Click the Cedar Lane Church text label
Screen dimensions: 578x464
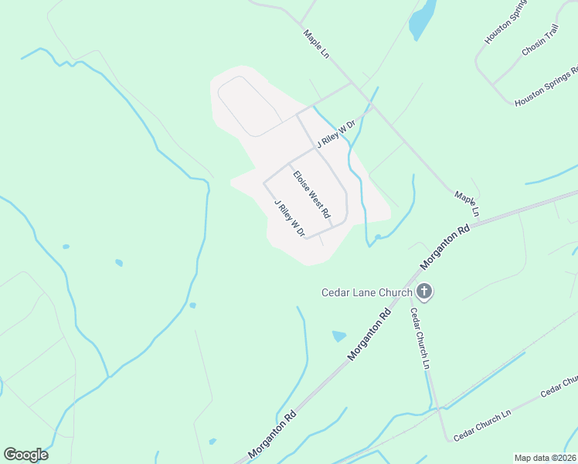pos(367,292)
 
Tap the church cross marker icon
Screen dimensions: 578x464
pos(424,292)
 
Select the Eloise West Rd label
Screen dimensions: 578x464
pos(311,194)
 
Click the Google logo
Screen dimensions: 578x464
pos(25,455)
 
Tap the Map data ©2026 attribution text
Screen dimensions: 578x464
pos(545,458)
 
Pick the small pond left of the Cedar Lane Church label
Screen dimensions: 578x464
pos(338,336)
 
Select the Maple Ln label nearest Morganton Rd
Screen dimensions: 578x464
pos(467,203)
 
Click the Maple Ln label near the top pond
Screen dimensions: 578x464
pos(317,45)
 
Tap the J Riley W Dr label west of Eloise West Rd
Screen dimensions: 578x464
pos(290,219)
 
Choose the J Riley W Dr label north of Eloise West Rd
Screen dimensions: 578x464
pos(335,134)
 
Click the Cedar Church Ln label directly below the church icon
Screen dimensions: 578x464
pos(419,339)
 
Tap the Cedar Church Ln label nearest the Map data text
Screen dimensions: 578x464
pos(482,425)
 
